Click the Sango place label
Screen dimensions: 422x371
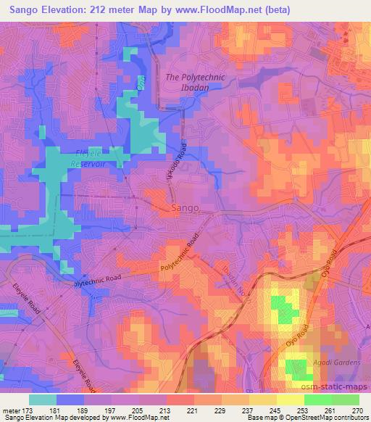(185, 208)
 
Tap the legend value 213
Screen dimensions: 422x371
(167, 410)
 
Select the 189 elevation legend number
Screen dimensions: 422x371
(85, 410)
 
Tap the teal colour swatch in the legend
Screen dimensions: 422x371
(43, 400)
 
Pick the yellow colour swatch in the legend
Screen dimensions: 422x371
(290, 400)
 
